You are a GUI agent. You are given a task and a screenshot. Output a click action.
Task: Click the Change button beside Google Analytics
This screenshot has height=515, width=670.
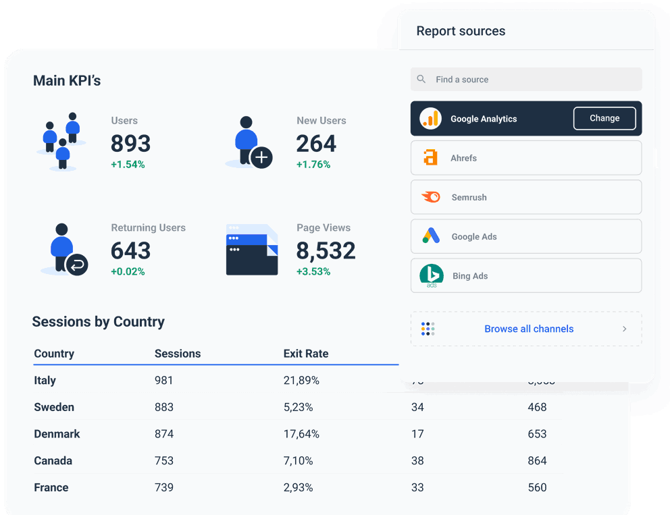tap(604, 118)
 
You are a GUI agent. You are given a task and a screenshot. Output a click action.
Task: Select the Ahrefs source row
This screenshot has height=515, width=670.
tap(525, 158)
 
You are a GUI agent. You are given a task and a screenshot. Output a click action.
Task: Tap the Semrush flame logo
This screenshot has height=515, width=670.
tap(431, 197)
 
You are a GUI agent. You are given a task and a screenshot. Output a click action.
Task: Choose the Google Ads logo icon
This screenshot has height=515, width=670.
tap(431, 236)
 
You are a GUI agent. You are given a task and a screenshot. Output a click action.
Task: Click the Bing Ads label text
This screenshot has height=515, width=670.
tap(470, 276)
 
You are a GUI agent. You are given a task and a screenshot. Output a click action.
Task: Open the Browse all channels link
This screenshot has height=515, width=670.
tap(529, 329)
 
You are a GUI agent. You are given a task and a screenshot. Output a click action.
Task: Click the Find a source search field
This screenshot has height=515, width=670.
tap(526, 79)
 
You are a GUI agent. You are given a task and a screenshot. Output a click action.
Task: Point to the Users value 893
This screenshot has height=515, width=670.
tap(130, 143)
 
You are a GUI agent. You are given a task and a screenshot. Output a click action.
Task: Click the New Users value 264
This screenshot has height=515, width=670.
tap(316, 143)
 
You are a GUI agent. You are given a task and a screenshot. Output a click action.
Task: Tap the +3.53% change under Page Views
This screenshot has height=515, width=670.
tap(313, 271)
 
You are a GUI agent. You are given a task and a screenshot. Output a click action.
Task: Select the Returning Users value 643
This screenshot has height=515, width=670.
tap(130, 250)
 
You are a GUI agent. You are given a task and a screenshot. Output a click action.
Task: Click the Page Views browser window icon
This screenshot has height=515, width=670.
tap(252, 250)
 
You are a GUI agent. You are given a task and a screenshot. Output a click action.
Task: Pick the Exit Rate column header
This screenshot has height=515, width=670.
tap(305, 354)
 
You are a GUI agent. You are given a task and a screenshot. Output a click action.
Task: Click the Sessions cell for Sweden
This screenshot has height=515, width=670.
tap(164, 407)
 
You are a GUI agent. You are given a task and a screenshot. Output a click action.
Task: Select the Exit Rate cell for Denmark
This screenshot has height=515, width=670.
tap(301, 434)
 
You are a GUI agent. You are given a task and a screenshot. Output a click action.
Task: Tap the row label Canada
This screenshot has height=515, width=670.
tap(53, 460)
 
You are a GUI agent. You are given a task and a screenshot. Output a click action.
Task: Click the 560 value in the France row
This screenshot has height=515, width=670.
tap(537, 487)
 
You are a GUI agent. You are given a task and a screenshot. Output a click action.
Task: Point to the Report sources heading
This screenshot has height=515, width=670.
tap(461, 31)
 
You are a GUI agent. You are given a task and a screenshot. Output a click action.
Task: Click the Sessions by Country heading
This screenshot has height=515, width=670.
tap(99, 322)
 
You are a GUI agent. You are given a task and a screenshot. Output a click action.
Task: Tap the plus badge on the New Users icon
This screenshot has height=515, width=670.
tap(261, 158)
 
